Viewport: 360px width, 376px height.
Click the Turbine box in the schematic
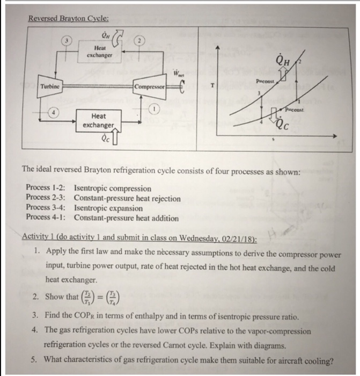pyautogui.click(x=51, y=86)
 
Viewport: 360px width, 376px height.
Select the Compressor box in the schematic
pyautogui.click(x=150, y=86)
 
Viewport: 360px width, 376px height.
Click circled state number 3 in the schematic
pyautogui.click(x=67, y=41)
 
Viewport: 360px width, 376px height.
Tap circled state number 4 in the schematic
pyautogui.click(x=54, y=112)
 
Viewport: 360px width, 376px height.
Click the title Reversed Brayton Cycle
pyautogui.click(x=64, y=17)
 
